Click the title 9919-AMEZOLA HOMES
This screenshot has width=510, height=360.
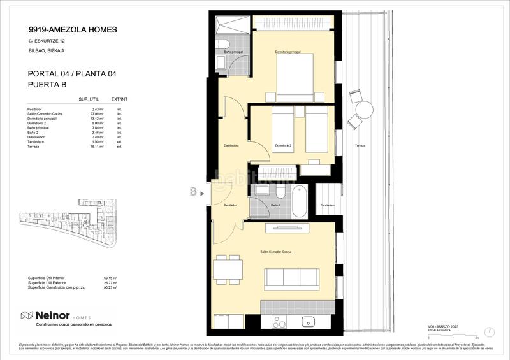[x=73, y=29]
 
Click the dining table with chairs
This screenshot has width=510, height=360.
[x=227, y=269]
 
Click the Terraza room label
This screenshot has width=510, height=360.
[x=361, y=146]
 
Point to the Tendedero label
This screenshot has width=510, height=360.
[x=328, y=205]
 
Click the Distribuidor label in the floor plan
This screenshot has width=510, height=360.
[x=231, y=145]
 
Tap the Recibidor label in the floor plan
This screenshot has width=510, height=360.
[x=230, y=205]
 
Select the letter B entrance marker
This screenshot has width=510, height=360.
[x=193, y=191]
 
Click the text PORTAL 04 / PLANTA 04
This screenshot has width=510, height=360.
[x=72, y=74]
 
